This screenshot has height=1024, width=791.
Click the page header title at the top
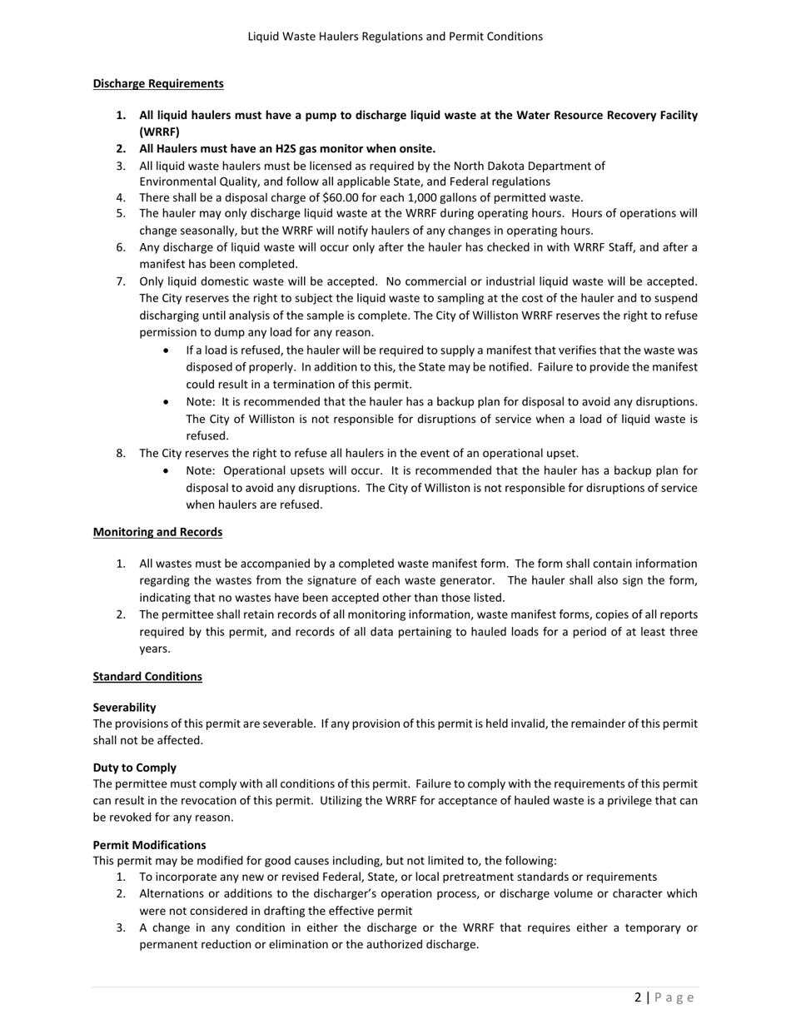[395, 37]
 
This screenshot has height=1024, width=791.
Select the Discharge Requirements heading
[158, 83]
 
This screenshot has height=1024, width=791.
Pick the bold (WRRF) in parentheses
[159, 132]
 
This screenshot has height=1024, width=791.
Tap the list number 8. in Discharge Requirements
[121, 454]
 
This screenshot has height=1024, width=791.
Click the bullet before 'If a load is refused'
[168, 350]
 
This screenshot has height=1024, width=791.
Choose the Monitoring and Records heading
[157, 532]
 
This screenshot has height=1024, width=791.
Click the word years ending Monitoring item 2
[154, 649]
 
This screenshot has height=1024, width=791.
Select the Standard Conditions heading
[147, 676]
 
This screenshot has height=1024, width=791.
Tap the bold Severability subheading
[124, 708]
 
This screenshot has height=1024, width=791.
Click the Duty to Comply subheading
[134, 768]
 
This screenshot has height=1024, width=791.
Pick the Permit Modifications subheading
[149, 844]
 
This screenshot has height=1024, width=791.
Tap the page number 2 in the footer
[638, 997]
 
